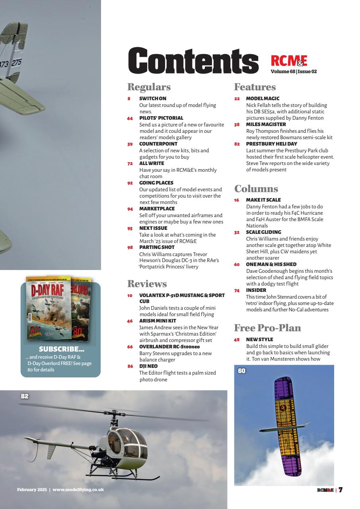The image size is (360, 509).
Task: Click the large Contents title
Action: click(x=193, y=61)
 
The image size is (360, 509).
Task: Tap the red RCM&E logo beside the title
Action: click(x=289, y=60)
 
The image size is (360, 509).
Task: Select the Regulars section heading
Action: click(x=149, y=87)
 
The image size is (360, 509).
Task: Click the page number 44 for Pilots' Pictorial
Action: click(x=130, y=118)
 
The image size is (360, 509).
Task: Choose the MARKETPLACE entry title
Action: click(x=157, y=208)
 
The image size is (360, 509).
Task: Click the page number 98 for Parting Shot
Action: click(x=130, y=247)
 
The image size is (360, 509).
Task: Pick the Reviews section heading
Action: click(x=147, y=284)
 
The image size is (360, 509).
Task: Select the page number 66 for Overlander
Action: click(x=130, y=347)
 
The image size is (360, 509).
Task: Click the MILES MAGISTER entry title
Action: click(x=266, y=124)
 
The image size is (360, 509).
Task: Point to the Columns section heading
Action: click(x=256, y=189)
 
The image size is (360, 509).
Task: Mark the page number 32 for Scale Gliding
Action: click(x=237, y=232)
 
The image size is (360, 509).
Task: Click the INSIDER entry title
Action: click(x=256, y=290)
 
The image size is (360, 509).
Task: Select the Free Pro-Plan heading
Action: click(x=267, y=328)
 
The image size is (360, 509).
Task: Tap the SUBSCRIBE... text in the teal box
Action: click(x=61, y=350)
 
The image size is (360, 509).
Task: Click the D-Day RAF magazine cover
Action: click(x=49, y=308)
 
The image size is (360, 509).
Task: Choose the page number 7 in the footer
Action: click(x=341, y=490)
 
